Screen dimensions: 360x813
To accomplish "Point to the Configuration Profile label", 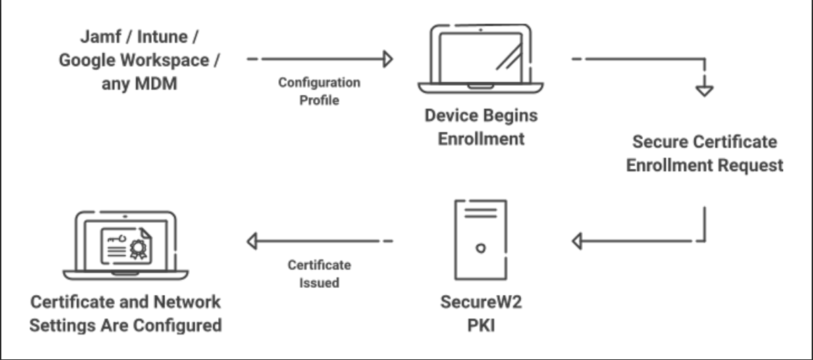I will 319,91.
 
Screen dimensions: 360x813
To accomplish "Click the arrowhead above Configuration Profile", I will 388,59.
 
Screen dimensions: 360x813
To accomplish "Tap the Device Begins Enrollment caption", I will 481,127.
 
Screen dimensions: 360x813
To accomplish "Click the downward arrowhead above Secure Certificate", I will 704,89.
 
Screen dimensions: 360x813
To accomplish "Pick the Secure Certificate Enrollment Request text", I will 704,153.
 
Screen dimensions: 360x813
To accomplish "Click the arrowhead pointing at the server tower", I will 576,240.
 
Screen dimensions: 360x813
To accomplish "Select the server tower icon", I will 481,239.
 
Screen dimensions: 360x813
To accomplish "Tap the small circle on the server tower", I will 481,248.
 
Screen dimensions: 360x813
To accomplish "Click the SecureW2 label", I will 481,301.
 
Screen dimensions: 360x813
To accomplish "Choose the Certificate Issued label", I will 319,274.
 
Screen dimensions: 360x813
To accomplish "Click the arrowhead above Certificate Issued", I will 251,240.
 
